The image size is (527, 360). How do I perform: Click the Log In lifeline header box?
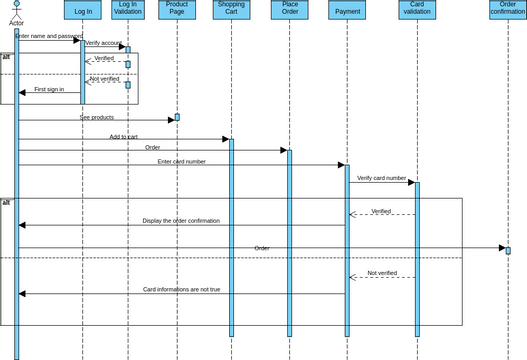point(83,10)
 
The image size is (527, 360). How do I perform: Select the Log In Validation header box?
point(128,10)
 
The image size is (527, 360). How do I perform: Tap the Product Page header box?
point(177,10)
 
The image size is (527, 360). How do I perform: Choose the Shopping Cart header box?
point(231,10)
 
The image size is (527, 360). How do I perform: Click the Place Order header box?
point(290,10)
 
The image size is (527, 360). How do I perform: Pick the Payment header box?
point(347,10)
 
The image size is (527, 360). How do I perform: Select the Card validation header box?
point(417,10)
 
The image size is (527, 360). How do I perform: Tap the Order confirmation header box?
point(507,10)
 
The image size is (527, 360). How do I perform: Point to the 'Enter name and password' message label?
point(49,36)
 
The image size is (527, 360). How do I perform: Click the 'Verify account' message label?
point(104,43)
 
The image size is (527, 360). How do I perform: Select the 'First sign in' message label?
point(49,89)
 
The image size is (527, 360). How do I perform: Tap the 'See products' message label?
point(97,117)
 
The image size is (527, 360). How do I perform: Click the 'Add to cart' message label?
point(124,137)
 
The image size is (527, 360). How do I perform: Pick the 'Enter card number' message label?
point(182,161)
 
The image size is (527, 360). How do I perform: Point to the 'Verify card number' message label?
point(382,178)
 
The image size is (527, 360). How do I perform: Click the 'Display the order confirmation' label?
point(181,221)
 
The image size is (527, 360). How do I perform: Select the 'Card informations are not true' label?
point(181,289)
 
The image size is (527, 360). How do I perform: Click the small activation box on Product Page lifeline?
point(177,117)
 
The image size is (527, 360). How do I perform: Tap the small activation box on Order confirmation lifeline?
point(508,250)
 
